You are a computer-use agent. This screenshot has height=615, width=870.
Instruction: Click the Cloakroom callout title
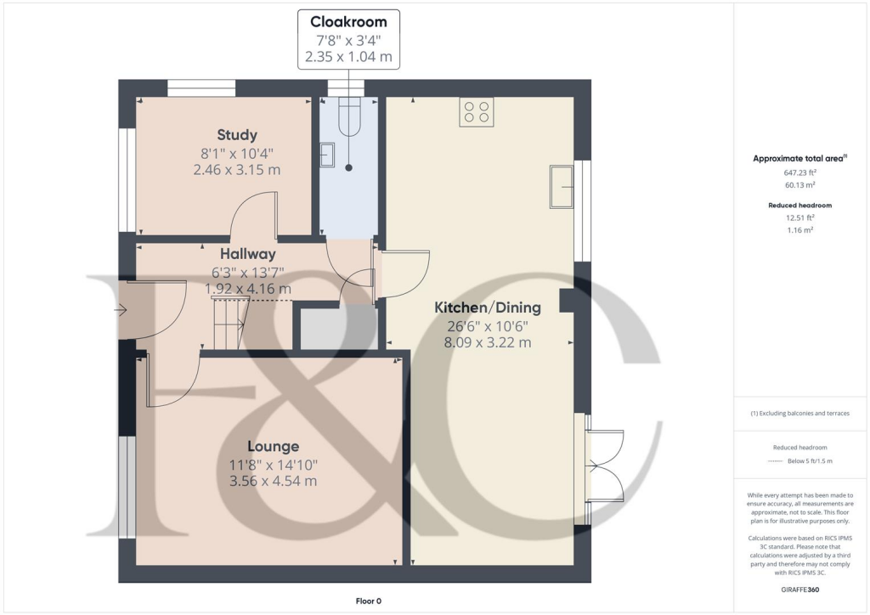[x=348, y=22]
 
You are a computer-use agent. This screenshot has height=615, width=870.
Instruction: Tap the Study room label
[x=237, y=134]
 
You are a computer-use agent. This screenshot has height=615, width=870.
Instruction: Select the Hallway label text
[x=247, y=253]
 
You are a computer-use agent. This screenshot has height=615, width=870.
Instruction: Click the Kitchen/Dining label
[x=487, y=307]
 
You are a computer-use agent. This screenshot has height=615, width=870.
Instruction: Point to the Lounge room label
[x=273, y=446]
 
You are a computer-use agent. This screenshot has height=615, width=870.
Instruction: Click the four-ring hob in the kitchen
[x=477, y=112]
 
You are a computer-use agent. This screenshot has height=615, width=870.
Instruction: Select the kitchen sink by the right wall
[x=562, y=186]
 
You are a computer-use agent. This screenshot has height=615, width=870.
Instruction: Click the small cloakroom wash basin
[x=327, y=155]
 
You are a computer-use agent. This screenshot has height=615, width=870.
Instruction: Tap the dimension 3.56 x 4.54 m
[x=273, y=482]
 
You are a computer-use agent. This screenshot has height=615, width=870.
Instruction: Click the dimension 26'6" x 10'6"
[x=487, y=325]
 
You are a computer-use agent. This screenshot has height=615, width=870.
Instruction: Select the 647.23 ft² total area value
[x=799, y=172]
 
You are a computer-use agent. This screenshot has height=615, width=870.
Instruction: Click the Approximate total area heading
[x=799, y=158]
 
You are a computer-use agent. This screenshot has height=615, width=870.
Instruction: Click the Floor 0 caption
[x=368, y=601]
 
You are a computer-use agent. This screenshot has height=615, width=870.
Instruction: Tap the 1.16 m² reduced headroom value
[x=799, y=230]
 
